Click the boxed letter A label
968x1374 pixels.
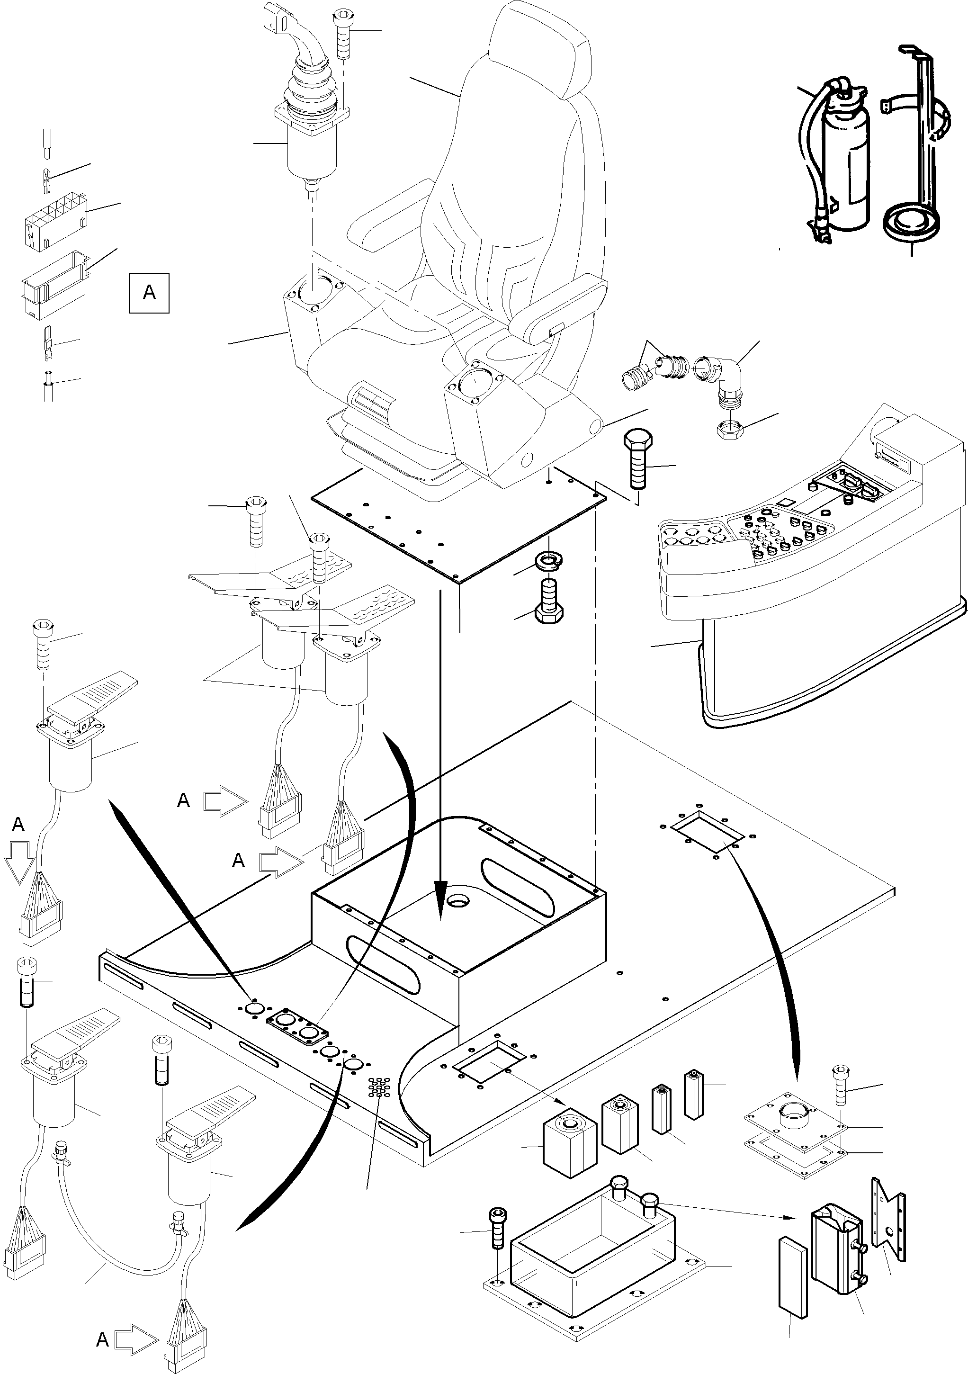tap(149, 293)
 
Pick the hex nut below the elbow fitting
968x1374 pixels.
tap(730, 429)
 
